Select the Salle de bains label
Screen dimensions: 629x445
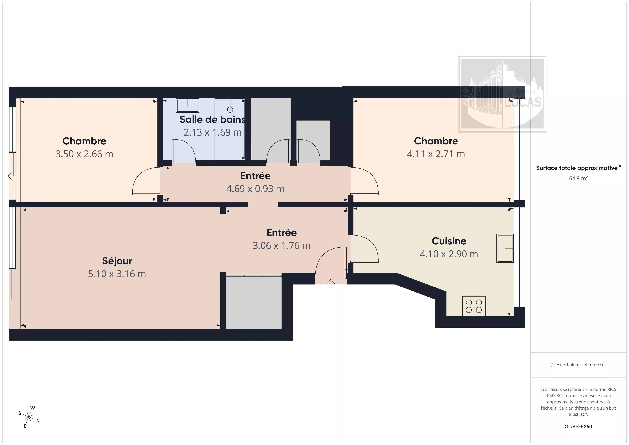pyautogui.click(x=213, y=120)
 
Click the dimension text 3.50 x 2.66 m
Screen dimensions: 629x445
pyautogui.click(x=84, y=154)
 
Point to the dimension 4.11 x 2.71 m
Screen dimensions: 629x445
pyautogui.click(x=436, y=154)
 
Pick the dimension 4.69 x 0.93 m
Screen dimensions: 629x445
pyautogui.click(x=255, y=189)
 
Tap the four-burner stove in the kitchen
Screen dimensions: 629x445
pyautogui.click(x=474, y=306)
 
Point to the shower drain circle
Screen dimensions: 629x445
pyautogui.click(x=230, y=110)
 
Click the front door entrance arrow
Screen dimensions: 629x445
pyautogui.click(x=331, y=283)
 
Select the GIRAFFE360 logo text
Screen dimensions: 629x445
pyautogui.click(x=578, y=427)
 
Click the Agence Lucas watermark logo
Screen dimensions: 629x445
pyautogui.click(x=503, y=94)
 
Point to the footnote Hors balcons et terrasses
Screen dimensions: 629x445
pyautogui.click(x=578, y=365)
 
